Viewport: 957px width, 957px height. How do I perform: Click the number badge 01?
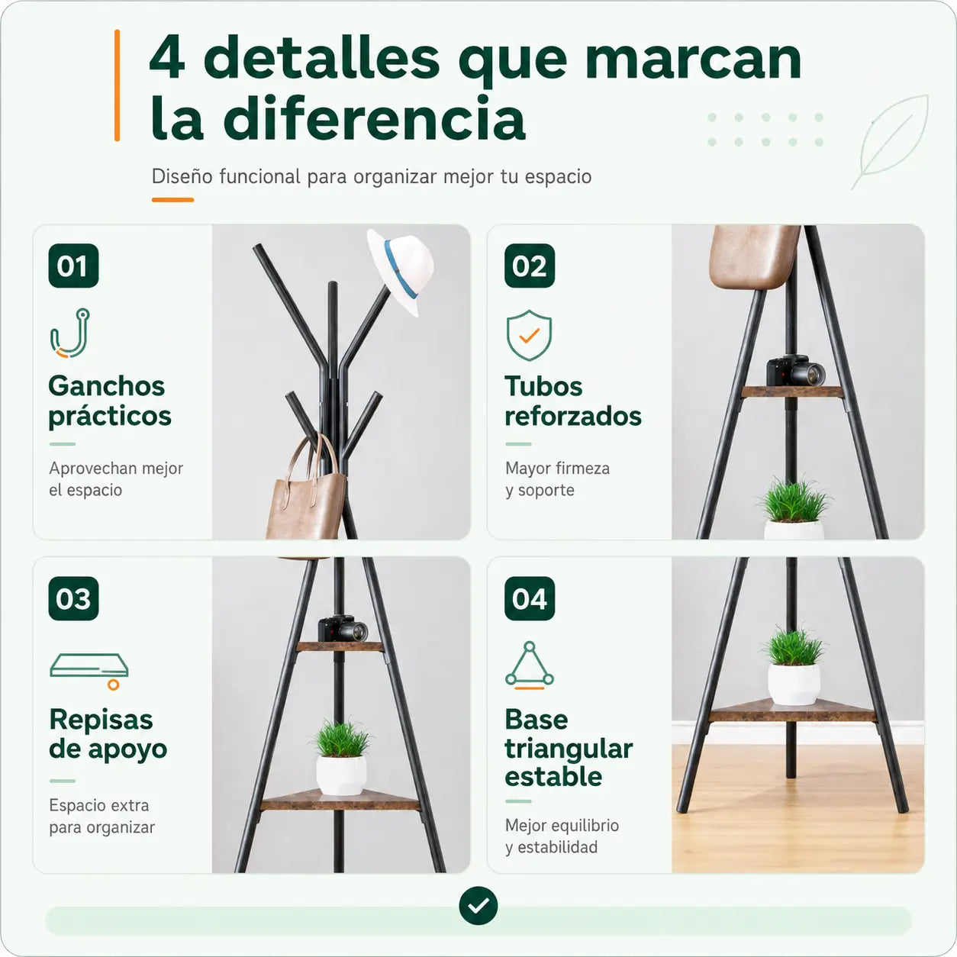point(73,266)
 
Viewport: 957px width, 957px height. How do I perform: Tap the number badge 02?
point(530,266)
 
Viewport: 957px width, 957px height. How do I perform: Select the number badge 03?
point(73,598)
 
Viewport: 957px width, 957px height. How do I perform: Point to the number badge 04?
point(530,598)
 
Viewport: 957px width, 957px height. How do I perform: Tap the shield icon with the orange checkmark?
point(529,335)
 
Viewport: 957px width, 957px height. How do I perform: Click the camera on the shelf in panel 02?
point(795,370)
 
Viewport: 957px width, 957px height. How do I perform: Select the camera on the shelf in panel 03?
point(343,629)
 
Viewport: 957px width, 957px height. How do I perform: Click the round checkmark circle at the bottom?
point(478,905)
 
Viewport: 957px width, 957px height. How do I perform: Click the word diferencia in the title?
point(375,118)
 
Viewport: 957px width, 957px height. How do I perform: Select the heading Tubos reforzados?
point(573,401)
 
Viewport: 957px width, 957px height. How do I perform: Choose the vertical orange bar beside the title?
point(118,85)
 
